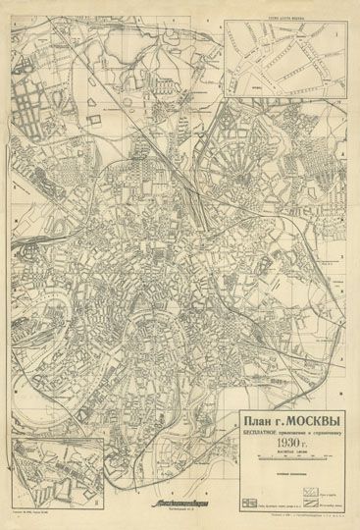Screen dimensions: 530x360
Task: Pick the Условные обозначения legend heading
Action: point(292,474)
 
